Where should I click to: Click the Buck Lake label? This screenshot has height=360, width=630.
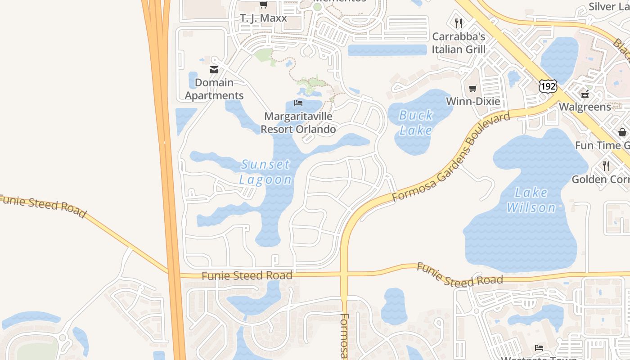coord(416,123)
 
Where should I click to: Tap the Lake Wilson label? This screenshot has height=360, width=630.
coord(531,200)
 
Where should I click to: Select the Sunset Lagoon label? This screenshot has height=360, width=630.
coord(265,172)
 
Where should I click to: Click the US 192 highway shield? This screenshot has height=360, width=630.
coord(548,86)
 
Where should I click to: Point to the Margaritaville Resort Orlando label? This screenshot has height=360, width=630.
coord(298,123)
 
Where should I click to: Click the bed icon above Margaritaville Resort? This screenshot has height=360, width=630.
coord(298,103)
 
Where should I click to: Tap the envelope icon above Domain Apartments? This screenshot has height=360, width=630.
coord(214,70)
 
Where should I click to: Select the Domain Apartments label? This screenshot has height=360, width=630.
coord(214,89)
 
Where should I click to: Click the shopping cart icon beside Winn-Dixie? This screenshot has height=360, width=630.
coord(472,89)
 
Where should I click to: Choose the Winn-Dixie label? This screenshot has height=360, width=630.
coord(472,101)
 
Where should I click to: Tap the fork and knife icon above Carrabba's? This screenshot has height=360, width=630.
coord(459,23)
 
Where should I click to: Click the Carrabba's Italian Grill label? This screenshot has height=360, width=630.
coord(459,43)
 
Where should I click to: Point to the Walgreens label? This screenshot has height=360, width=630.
coord(585,107)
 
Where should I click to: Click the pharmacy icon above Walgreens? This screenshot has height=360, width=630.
coord(585,94)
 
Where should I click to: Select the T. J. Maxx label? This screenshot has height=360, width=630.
coord(263,18)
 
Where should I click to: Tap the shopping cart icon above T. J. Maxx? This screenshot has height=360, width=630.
coord(263,5)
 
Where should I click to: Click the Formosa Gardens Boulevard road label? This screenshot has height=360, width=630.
coord(451,157)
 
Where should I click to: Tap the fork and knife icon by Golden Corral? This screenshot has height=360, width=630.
coord(606,166)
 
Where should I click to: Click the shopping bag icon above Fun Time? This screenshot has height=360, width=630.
coord(622,132)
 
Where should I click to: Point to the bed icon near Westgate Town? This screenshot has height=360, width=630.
coord(539,347)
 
